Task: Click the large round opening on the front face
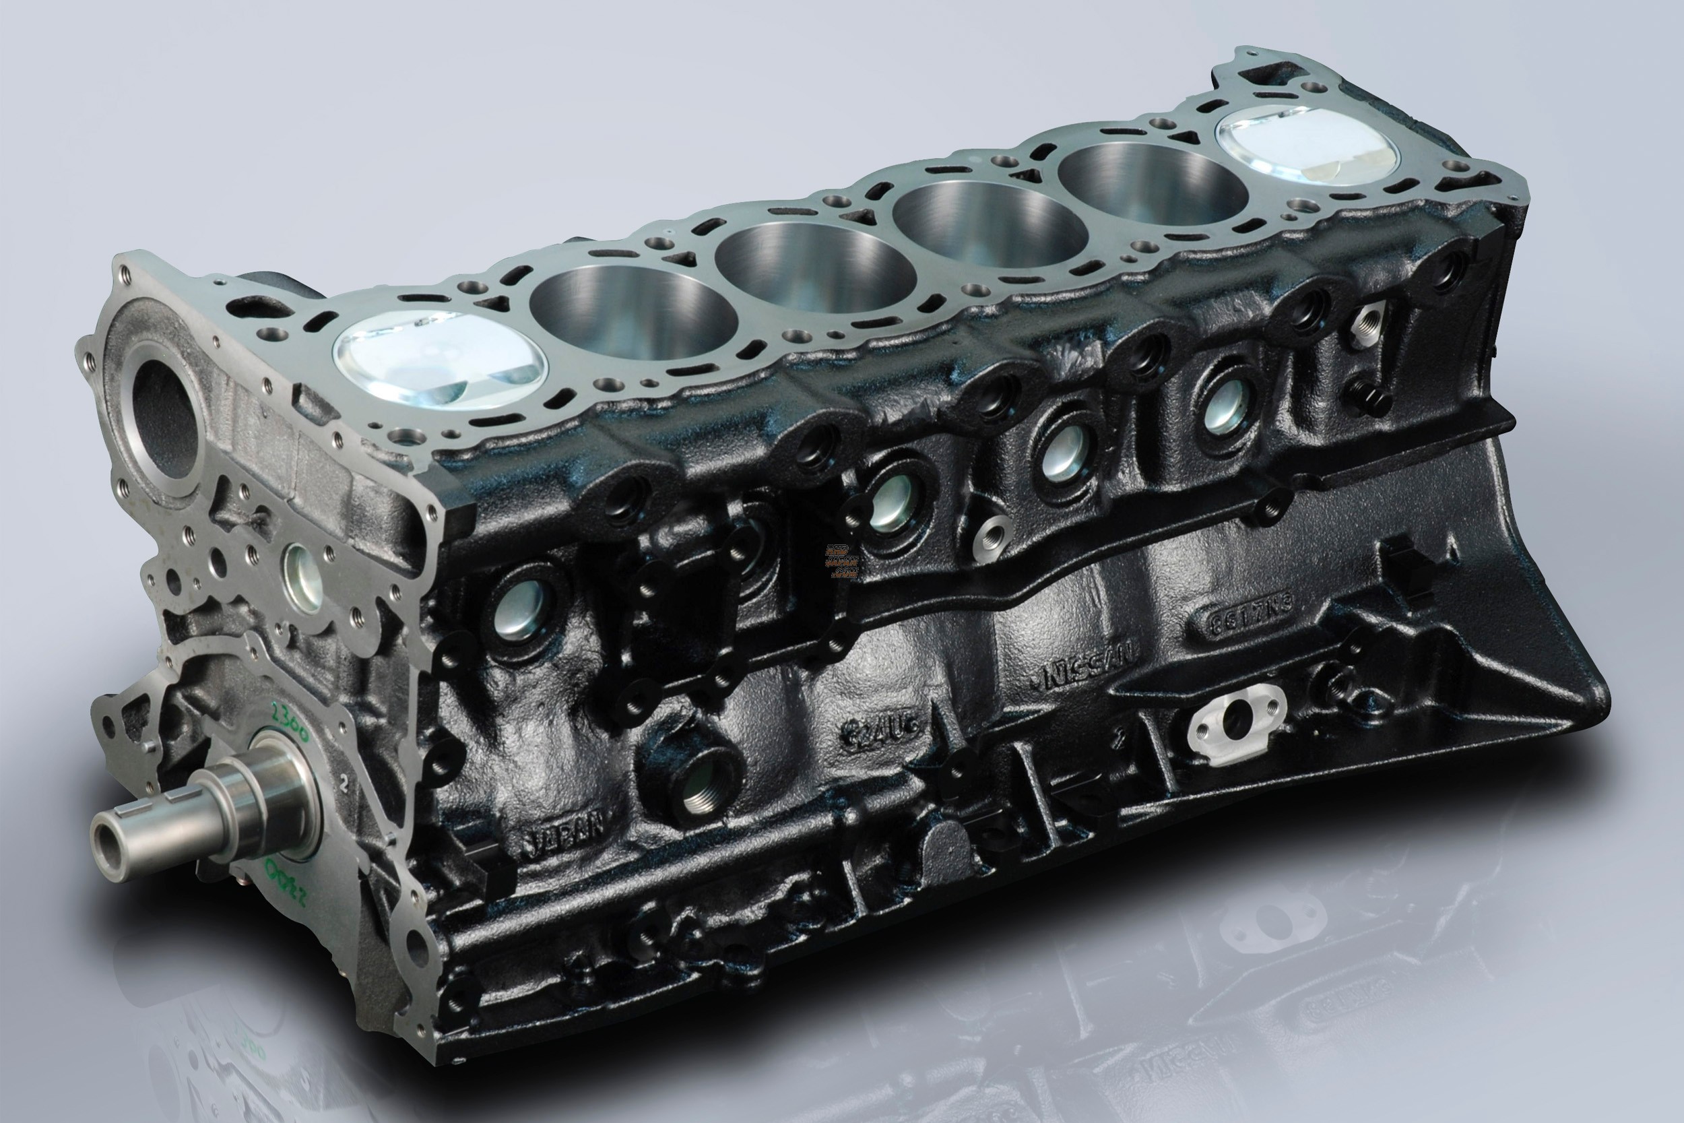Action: [163, 419]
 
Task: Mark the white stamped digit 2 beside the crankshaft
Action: [345, 783]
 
